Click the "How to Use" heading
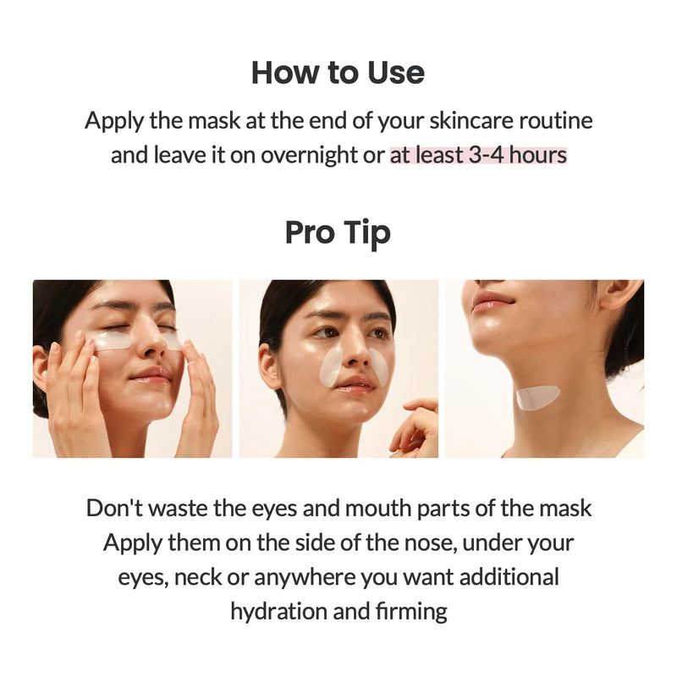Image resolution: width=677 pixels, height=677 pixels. [338, 73]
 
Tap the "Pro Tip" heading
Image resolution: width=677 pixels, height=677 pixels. [338, 232]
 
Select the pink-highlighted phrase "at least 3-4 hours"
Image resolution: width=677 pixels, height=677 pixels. [478, 156]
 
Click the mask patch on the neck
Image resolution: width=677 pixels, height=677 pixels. [537, 397]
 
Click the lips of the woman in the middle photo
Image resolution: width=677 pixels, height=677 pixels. [354, 383]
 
